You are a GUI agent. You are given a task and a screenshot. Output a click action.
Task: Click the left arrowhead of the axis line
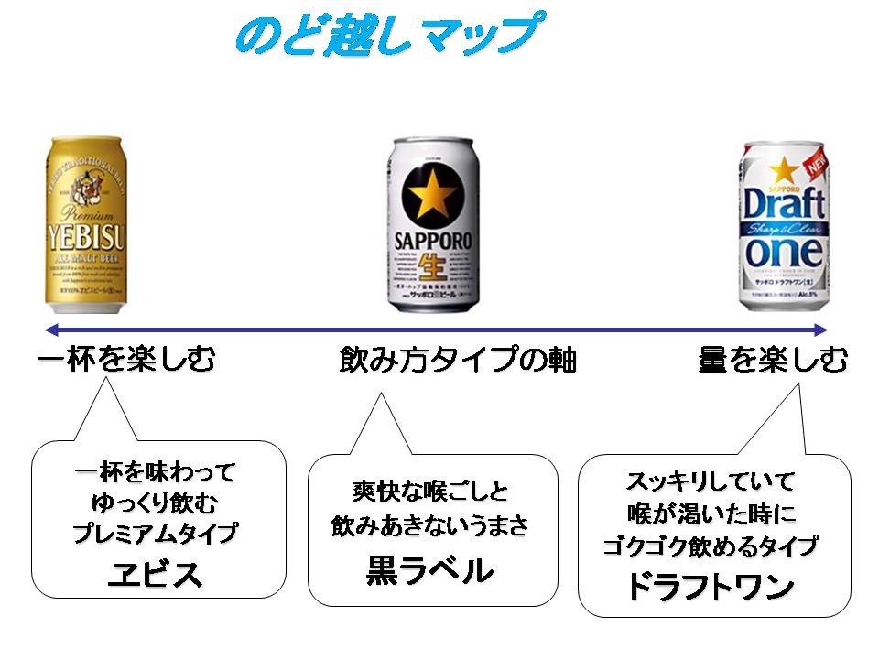click(x=44, y=329)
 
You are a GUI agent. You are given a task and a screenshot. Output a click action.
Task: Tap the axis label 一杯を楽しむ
click(x=126, y=359)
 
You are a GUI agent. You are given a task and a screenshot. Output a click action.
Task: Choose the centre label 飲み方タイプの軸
click(x=457, y=361)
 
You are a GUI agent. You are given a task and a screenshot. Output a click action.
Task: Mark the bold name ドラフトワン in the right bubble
click(x=711, y=588)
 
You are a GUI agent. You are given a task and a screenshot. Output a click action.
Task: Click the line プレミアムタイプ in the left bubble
click(x=155, y=534)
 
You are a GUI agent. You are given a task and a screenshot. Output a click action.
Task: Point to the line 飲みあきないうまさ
click(x=430, y=527)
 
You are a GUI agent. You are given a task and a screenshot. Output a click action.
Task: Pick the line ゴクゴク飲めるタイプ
click(x=711, y=546)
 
